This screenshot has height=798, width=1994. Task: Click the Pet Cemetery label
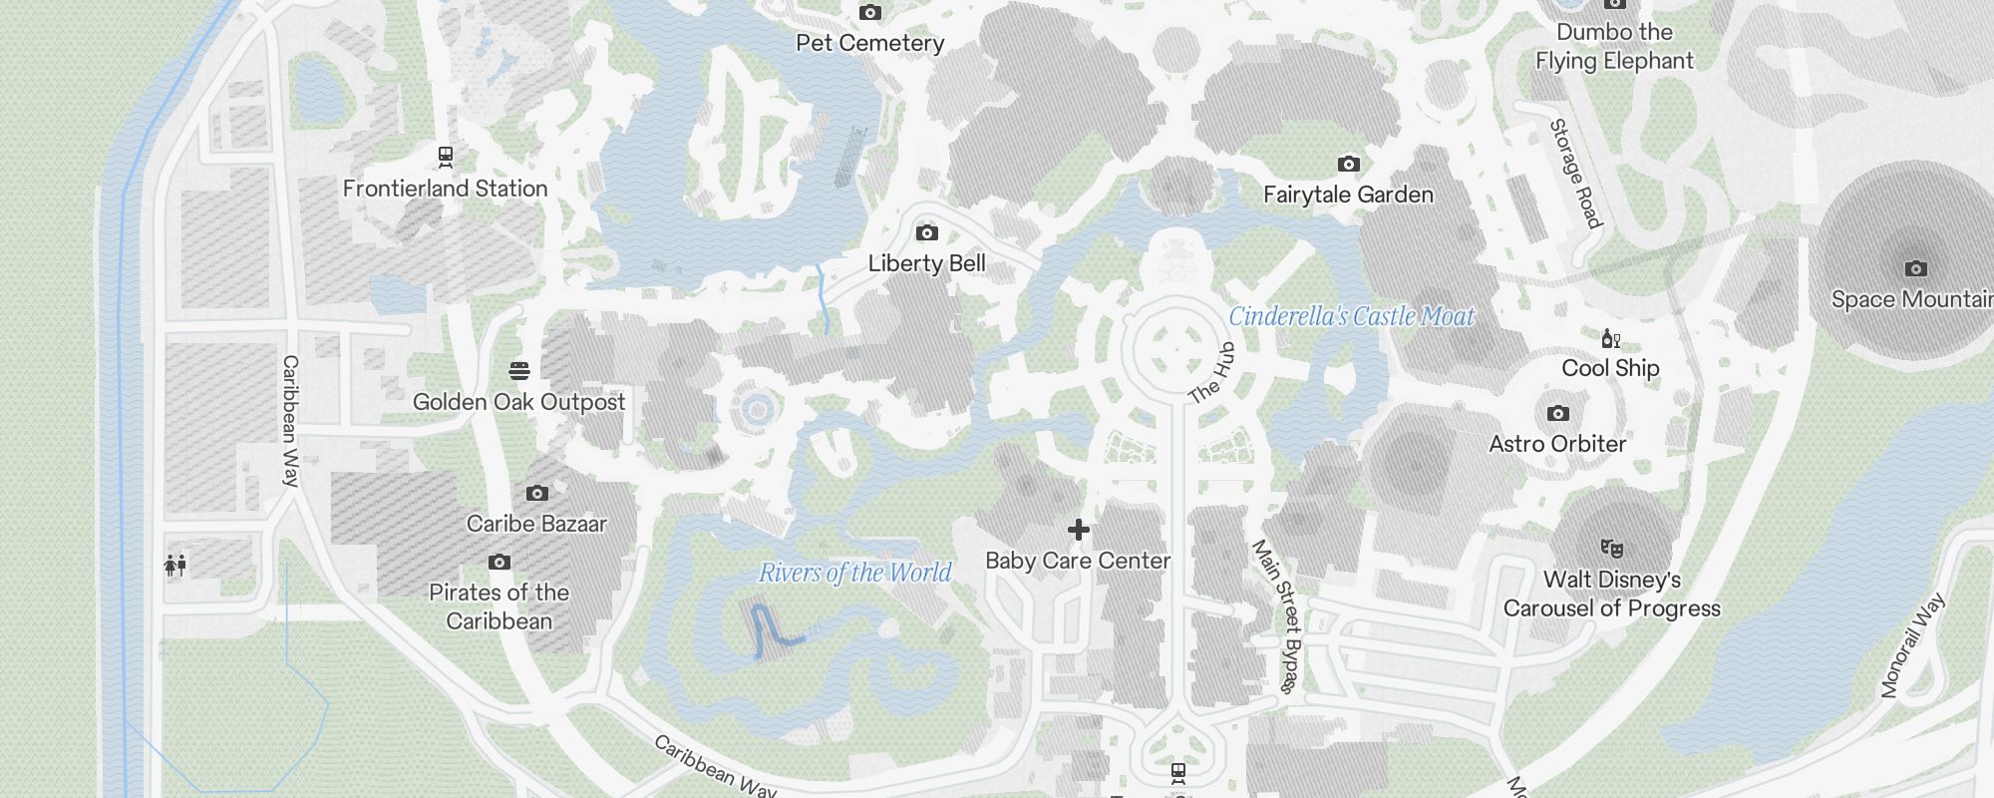click(869, 43)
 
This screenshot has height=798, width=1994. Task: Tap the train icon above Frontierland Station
click(446, 157)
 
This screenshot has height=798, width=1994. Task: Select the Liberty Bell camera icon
click(927, 233)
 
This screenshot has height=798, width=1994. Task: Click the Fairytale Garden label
click(1348, 195)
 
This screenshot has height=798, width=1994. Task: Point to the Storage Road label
click(1575, 174)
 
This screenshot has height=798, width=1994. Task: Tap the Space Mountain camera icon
click(1915, 268)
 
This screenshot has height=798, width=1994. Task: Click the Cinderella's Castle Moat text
click(1351, 316)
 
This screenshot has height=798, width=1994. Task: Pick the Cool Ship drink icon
click(1610, 339)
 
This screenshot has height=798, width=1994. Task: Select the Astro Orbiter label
click(1557, 444)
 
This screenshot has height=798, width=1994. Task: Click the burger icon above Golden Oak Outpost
click(518, 371)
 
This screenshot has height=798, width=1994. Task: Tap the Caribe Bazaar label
click(536, 524)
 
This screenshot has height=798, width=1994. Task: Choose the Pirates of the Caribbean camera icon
click(499, 563)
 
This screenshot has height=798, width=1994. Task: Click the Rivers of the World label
click(855, 573)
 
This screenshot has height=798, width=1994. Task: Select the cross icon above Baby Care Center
click(1078, 530)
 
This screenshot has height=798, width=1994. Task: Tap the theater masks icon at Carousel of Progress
click(1611, 548)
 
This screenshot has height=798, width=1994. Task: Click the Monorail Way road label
click(1912, 645)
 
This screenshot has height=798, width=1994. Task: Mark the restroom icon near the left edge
click(175, 566)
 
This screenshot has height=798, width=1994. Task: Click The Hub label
click(1212, 373)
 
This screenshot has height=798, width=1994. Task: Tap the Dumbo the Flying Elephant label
click(1614, 46)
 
